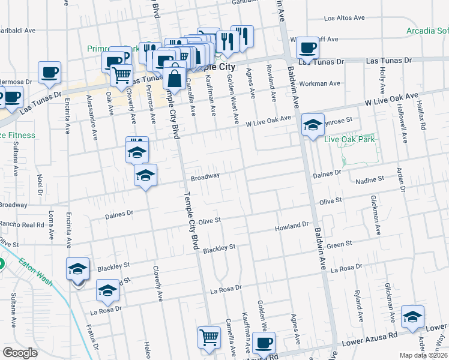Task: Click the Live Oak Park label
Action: (x=358, y=139)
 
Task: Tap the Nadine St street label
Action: (x=370, y=179)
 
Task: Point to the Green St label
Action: (x=339, y=244)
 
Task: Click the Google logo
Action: (x=20, y=353)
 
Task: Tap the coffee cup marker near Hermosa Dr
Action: (x=50, y=73)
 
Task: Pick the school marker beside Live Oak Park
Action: (x=313, y=125)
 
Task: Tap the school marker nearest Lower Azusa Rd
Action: (x=413, y=317)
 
